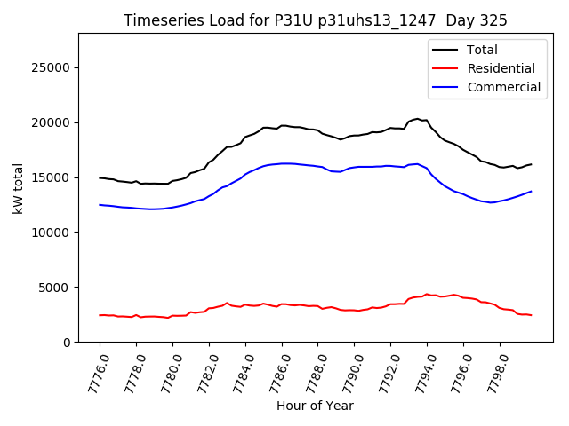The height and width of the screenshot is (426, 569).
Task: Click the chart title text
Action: click(316, 20)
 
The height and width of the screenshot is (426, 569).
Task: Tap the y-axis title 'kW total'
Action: click(18, 188)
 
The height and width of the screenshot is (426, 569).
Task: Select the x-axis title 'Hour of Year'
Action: click(315, 406)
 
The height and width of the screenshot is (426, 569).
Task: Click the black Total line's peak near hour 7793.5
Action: click(418, 119)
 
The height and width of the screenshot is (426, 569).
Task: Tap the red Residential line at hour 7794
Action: click(427, 295)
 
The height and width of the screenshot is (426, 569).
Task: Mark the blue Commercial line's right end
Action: click(531, 192)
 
